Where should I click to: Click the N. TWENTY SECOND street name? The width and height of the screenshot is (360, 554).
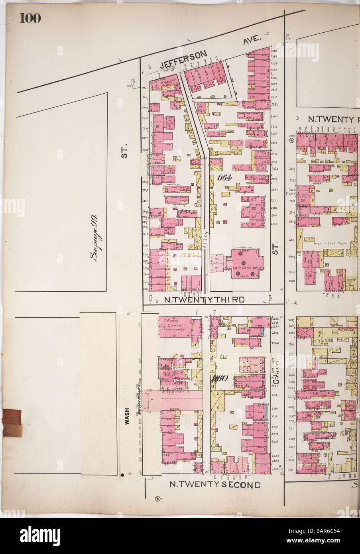[x=215, y=485]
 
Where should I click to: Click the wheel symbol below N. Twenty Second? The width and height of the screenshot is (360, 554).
[x=157, y=499]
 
